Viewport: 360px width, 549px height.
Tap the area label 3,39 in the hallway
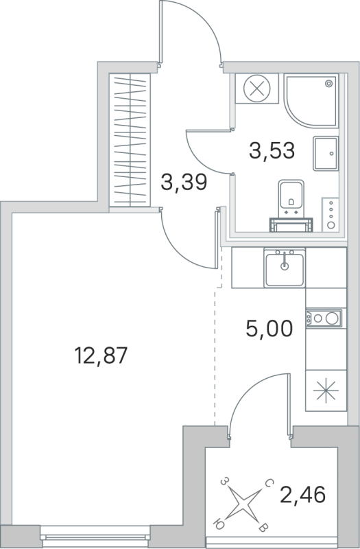[184, 183]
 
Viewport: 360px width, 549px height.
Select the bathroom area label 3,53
[272, 150]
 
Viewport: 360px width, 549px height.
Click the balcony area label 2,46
[303, 493]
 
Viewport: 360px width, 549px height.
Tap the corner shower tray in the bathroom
[311, 100]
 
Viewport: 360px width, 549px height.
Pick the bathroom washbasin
[325, 152]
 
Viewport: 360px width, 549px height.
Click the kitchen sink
[284, 268]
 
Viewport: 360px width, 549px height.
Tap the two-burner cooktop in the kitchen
[323, 318]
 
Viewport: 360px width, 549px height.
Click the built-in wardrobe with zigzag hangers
[130, 140]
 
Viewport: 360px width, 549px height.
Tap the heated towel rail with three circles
[332, 213]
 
